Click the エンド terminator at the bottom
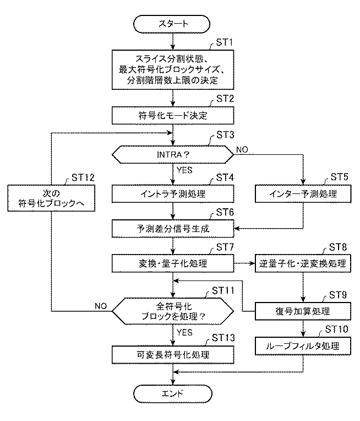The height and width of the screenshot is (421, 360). (x=173, y=393)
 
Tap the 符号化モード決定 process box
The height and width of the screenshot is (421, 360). (x=173, y=116)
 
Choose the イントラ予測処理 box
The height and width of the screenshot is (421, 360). (x=173, y=194)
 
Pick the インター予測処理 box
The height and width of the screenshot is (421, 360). (x=303, y=194)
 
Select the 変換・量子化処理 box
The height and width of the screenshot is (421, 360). (x=173, y=263)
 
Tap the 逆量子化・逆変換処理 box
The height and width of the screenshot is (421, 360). (x=303, y=263)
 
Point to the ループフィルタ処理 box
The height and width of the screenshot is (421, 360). (x=303, y=347)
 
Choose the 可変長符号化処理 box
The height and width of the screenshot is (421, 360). (x=173, y=353)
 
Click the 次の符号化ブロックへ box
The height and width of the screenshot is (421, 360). (x=52, y=198)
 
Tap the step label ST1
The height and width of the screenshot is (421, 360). (x=225, y=43)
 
